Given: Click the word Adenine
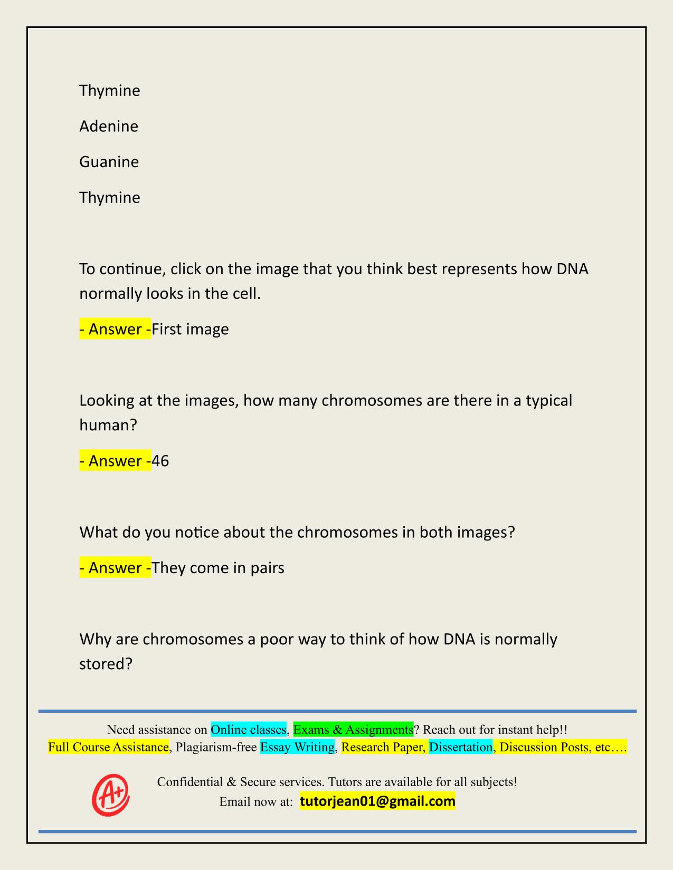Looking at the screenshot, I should [109, 127].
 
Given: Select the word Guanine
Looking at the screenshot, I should [109, 162].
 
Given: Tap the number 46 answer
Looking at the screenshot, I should [160, 461].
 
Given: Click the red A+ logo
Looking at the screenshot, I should [111, 794].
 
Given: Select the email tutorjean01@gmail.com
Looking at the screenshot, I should [377, 801].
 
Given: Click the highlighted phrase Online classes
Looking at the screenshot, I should [249, 730].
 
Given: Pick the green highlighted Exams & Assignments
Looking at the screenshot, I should [353, 730].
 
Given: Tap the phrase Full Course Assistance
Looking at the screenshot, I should [108, 747].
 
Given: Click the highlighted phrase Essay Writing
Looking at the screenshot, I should [297, 747].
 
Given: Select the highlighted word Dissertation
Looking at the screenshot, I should [460, 747].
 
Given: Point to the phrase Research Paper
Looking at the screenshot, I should [383, 747].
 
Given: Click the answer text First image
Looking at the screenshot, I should [190, 330].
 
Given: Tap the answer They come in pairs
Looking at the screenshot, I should [217, 568].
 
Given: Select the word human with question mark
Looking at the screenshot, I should [108, 425].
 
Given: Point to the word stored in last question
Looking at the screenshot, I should [105, 663].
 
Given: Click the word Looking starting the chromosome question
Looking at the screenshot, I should [107, 401].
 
